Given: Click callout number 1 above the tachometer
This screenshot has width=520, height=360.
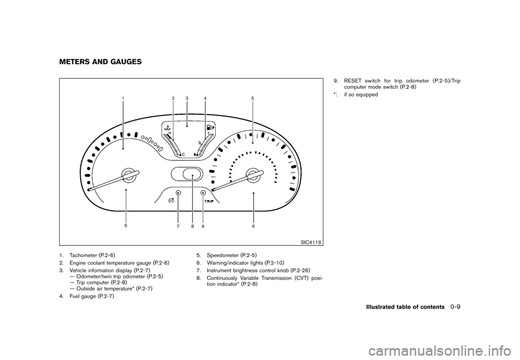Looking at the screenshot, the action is [x=123, y=98].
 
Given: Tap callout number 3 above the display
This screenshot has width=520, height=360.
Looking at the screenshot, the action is [x=186, y=98].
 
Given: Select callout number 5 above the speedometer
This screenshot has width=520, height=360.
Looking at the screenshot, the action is [x=252, y=98].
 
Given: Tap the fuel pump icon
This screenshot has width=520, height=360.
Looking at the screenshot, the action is [x=209, y=128].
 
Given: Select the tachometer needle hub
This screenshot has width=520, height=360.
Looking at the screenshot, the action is [x=129, y=174].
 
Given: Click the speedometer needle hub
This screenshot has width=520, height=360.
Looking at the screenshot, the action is [x=252, y=174].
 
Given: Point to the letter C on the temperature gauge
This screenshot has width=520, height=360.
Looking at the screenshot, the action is [x=184, y=154].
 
